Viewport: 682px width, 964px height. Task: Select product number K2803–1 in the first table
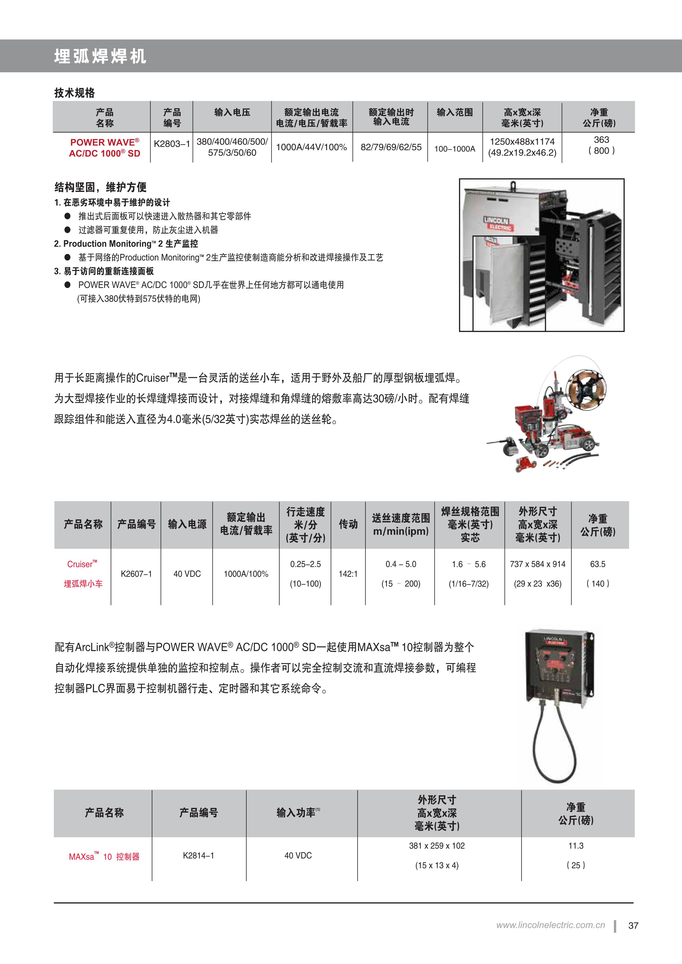[x=172, y=144]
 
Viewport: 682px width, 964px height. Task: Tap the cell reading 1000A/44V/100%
[x=311, y=147]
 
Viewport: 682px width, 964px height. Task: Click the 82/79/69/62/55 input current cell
[x=391, y=147]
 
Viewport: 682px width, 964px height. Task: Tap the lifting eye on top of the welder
[x=513, y=185]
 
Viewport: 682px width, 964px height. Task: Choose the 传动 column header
[x=348, y=524]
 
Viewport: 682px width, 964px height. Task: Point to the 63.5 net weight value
[x=598, y=564]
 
